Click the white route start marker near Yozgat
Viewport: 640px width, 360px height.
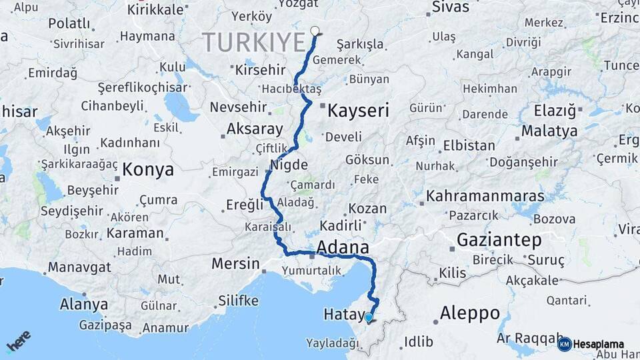(x=315, y=30)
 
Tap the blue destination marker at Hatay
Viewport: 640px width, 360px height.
(x=369, y=317)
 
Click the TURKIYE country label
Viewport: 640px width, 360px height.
(x=254, y=42)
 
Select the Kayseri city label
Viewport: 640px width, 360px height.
(x=358, y=110)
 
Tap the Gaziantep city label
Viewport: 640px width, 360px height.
(x=499, y=239)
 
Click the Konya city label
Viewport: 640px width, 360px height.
(x=148, y=169)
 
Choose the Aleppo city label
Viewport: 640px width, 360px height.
(x=470, y=313)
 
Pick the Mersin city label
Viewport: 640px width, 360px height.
(x=235, y=263)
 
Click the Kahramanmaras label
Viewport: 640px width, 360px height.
(x=485, y=197)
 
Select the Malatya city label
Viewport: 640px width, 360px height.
(x=549, y=131)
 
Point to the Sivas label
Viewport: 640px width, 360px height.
(x=451, y=7)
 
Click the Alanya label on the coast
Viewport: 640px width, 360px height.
(x=84, y=304)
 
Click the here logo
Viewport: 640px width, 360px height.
(x=19, y=341)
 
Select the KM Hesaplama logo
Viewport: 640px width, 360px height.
(x=591, y=344)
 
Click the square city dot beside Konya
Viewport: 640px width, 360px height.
(x=117, y=177)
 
